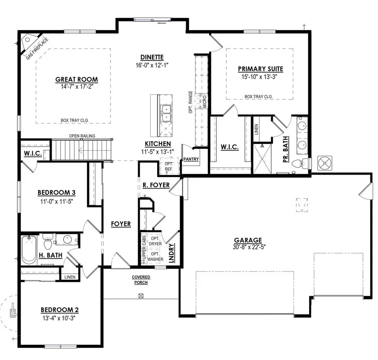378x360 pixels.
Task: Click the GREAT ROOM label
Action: coord(76,79)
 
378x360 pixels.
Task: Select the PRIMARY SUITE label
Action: coord(260,69)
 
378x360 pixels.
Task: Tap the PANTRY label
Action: coord(191,159)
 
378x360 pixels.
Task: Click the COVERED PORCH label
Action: coord(141,280)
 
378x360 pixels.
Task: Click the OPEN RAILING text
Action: coord(82,136)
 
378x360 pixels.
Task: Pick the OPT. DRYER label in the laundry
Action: coord(155,241)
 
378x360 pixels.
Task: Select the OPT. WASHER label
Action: coord(155,256)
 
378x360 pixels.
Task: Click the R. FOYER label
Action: coord(156,185)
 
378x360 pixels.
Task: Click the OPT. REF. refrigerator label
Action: coord(169,165)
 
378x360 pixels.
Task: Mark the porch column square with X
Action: coord(141,295)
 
